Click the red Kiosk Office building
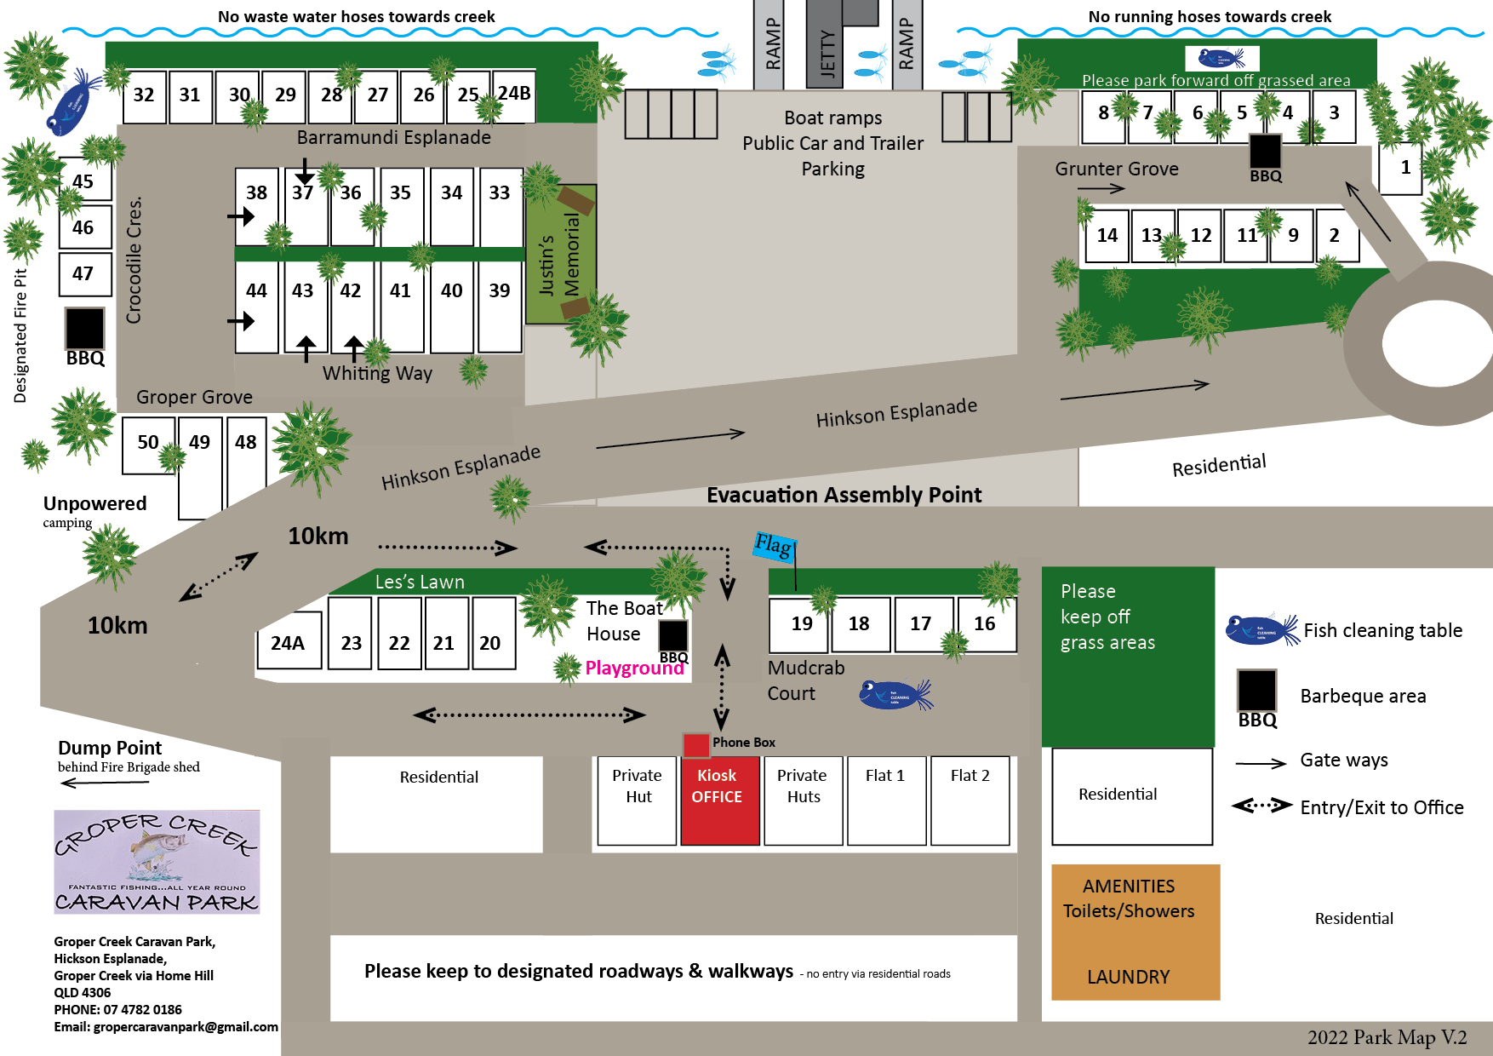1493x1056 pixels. pos(719,800)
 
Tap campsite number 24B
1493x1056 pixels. pos(514,95)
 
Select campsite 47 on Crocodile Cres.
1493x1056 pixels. pos(84,274)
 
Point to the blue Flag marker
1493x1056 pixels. pos(774,545)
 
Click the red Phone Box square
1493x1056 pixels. pos(695,744)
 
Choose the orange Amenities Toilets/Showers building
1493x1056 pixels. pos(1135,932)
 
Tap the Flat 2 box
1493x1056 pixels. pos(970,800)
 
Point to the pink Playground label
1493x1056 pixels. pos(634,669)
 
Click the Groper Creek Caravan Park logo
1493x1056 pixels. pos(157,862)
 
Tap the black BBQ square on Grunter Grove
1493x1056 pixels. pos(1264,152)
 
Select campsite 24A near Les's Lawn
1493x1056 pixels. pos(289,643)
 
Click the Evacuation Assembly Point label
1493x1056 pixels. pos(844,495)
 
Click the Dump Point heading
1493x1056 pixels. pos(110,748)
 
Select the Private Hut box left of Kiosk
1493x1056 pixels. pos(637,800)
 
